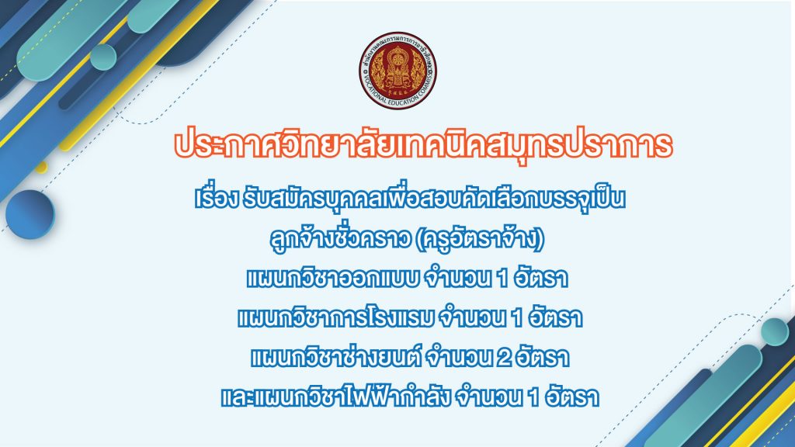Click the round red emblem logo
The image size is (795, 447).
[x=398, y=71]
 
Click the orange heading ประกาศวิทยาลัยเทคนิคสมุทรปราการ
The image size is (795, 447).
[x=423, y=145]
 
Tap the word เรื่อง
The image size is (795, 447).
[x=216, y=199]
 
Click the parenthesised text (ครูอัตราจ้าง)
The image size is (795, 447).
[x=480, y=239]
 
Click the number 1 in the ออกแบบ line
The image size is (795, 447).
[x=502, y=279]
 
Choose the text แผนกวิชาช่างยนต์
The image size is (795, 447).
[x=336, y=357]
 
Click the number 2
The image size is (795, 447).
[x=504, y=359]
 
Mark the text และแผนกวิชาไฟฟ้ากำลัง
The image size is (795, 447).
[x=335, y=396]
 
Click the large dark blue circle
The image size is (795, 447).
[x=30, y=214]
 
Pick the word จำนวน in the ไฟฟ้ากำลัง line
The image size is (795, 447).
[x=489, y=397]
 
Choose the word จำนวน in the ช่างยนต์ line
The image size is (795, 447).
[x=460, y=358]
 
